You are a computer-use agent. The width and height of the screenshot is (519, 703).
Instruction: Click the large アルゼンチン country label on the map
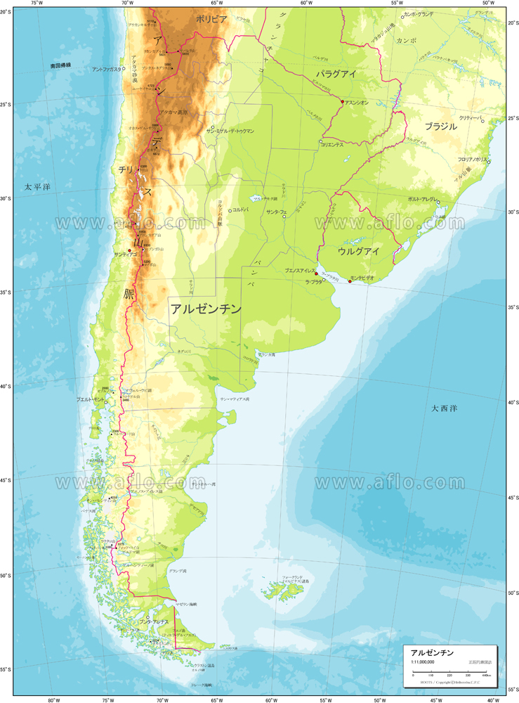click(206, 309)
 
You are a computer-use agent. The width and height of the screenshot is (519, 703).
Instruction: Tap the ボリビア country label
click(211, 20)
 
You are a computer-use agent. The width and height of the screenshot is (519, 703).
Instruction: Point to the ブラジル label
click(440, 127)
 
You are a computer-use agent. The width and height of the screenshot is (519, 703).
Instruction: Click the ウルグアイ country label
click(358, 251)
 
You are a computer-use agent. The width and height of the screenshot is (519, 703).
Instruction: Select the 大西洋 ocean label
click(445, 408)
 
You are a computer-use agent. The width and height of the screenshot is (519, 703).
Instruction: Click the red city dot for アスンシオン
click(342, 102)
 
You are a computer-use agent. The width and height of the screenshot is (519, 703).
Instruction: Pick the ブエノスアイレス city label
click(298, 271)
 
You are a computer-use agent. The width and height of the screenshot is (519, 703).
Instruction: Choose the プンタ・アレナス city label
click(153, 623)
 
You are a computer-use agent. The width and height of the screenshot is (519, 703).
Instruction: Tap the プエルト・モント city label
click(91, 399)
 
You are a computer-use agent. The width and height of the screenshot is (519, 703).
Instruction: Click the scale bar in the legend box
click(450, 673)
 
